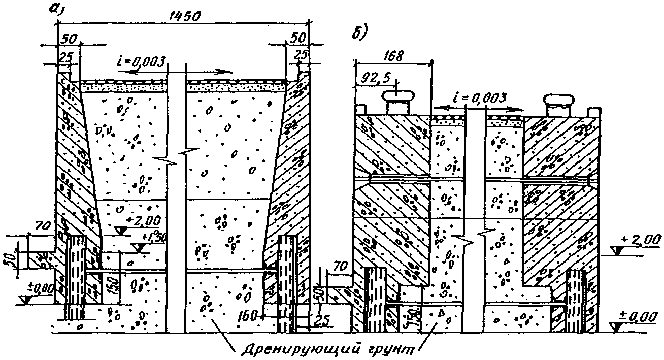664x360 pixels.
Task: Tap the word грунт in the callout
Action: tap(394, 349)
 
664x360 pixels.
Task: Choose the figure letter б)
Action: tap(360, 31)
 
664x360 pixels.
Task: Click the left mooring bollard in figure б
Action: tap(399, 102)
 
